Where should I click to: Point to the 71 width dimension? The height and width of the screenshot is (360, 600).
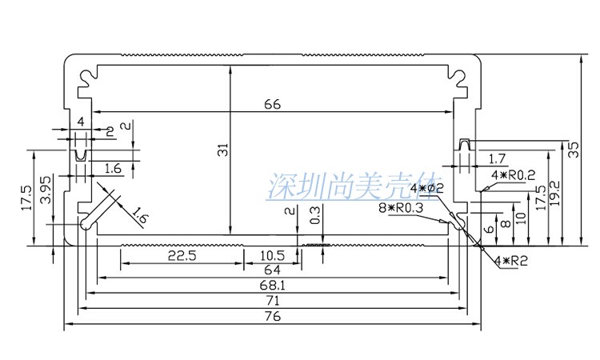tap(271, 301)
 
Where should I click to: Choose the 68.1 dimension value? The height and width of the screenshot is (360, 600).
tap(271, 286)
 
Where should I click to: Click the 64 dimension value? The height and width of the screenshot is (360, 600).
tap(271, 271)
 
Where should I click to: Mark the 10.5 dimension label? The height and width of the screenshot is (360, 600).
tap(273, 255)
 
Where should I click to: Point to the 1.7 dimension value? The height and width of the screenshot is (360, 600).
tap(497, 158)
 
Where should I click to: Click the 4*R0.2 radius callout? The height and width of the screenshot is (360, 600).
tap(513, 174)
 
